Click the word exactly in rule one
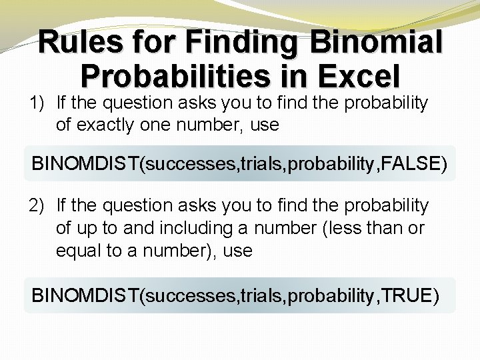[100, 124]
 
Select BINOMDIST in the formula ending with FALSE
[85, 163]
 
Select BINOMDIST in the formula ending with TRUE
[85, 295]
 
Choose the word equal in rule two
[75, 251]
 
